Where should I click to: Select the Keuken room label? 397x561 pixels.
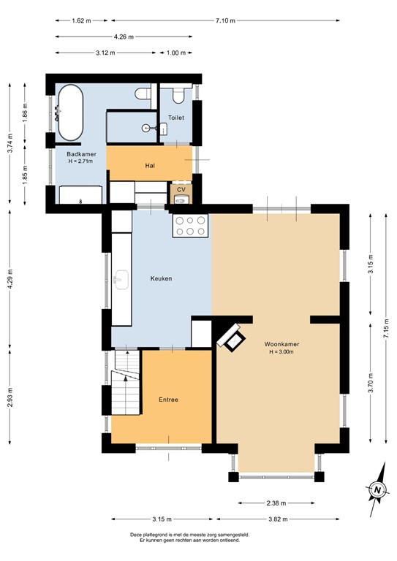tap(161, 278)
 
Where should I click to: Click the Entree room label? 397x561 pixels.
tap(169, 400)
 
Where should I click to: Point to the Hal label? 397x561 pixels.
tap(150, 165)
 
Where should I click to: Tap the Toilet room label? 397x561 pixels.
tap(176, 118)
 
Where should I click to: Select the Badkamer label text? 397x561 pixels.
tap(81, 154)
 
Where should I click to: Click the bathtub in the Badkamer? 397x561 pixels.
tap(71, 113)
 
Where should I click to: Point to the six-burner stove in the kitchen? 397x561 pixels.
tap(190, 226)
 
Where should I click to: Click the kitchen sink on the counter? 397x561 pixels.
tap(121, 278)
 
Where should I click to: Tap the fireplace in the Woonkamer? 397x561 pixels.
tap(232, 337)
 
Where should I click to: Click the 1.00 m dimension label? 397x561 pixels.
tap(176, 53)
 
